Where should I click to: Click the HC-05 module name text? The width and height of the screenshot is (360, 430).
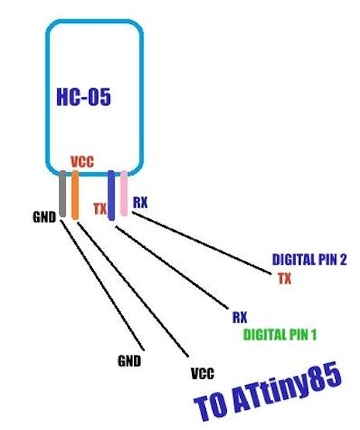(84, 97)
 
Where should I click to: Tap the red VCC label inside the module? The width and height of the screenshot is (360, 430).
(82, 162)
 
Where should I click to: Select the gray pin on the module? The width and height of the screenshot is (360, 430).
(63, 194)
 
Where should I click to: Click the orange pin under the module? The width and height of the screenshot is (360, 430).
(75, 194)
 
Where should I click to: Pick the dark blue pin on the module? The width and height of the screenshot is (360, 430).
(111, 195)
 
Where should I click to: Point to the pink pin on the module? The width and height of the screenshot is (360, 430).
(124, 193)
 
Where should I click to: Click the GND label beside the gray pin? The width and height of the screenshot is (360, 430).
(44, 217)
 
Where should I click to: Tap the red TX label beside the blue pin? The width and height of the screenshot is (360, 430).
(100, 208)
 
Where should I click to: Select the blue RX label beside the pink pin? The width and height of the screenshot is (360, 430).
(140, 202)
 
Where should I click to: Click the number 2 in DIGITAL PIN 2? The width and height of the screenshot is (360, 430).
(343, 260)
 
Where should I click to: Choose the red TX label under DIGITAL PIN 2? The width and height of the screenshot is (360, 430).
(285, 278)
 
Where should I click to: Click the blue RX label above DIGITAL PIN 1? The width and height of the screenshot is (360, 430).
(240, 318)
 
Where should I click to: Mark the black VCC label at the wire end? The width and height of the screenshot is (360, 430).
(203, 373)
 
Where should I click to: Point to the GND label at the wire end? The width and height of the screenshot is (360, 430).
(129, 361)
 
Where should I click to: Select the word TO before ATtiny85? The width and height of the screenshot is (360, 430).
(211, 408)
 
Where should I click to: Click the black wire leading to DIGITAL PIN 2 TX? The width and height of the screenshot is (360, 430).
(201, 243)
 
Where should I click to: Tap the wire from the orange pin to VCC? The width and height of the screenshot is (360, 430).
(133, 289)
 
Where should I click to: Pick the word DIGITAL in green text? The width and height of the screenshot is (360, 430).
(264, 335)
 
